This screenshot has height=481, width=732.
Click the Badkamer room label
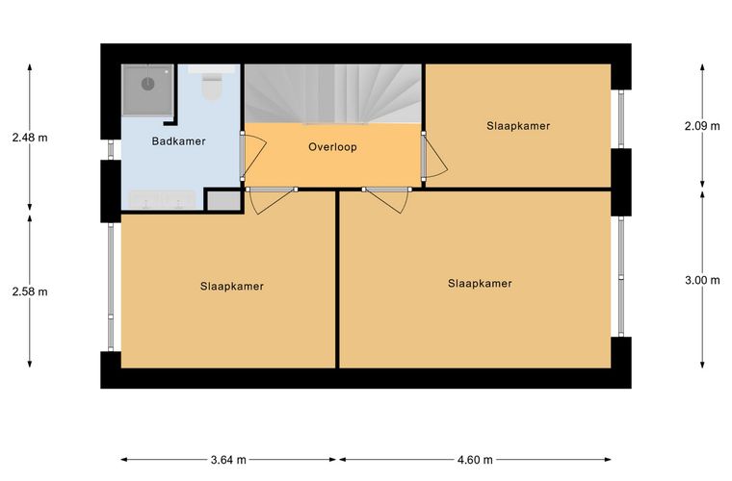point(178,141)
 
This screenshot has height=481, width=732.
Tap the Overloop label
point(332,147)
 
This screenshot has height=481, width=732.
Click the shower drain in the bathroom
point(148,84)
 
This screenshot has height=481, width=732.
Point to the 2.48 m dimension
point(30,138)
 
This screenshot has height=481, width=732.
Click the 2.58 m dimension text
point(30,291)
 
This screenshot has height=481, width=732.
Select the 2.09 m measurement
point(702,126)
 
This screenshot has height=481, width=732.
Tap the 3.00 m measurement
point(702,280)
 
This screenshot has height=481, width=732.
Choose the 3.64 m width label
point(228,460)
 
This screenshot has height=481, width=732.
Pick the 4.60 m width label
point(475,460)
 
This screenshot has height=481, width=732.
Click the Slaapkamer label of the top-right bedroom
point(518,126)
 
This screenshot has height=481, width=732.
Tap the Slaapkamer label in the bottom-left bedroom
point(232,286)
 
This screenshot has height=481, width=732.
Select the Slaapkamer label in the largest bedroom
point(480,284)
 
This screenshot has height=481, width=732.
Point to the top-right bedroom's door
point(434,156)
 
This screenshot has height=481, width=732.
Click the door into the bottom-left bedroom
point(271,200)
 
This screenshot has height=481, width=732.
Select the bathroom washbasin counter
point(162,200)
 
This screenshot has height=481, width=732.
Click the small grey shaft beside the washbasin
point(224,201)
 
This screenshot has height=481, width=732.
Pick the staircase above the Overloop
point(333,93)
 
